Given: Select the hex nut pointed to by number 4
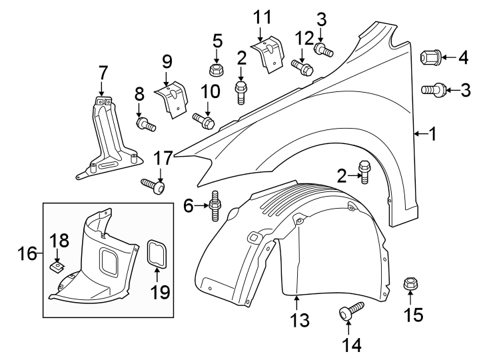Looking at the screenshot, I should click(x=430, y=59).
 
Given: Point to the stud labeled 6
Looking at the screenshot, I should click(x=215, y=206).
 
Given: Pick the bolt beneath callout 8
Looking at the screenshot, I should click(x=145, y=123).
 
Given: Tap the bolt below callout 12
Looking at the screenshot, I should click(x=302, y=67).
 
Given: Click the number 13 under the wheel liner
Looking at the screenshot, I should click(x=300, y=320).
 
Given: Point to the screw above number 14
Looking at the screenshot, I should click(x=350, y=310).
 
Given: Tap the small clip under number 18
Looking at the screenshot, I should click(x=58, y=267).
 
